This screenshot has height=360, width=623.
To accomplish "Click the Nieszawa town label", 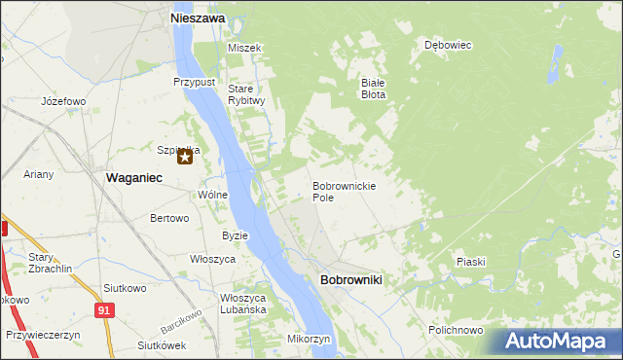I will tap(198, 18).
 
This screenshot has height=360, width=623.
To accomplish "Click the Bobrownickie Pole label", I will tap(344, 191).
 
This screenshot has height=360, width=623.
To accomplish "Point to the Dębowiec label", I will tap(448, 45).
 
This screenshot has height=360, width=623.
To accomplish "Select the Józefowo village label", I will tap(64, 101).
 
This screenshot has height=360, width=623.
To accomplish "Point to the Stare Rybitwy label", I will tap(246, 94).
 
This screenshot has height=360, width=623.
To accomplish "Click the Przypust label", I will tap(195, 83).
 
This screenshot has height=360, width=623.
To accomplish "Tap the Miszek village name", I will tap(245, 48).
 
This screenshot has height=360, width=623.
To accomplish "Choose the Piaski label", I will tap(470, 262).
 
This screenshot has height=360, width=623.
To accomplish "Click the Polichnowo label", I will tap(455, 331).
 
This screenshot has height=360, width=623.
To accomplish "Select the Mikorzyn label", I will tap(309, 339).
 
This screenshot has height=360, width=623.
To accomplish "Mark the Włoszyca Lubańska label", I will tap(243, 303).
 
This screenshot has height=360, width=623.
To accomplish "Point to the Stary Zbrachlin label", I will tap(46, 263).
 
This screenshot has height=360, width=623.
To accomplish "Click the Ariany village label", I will tap(40, 175).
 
